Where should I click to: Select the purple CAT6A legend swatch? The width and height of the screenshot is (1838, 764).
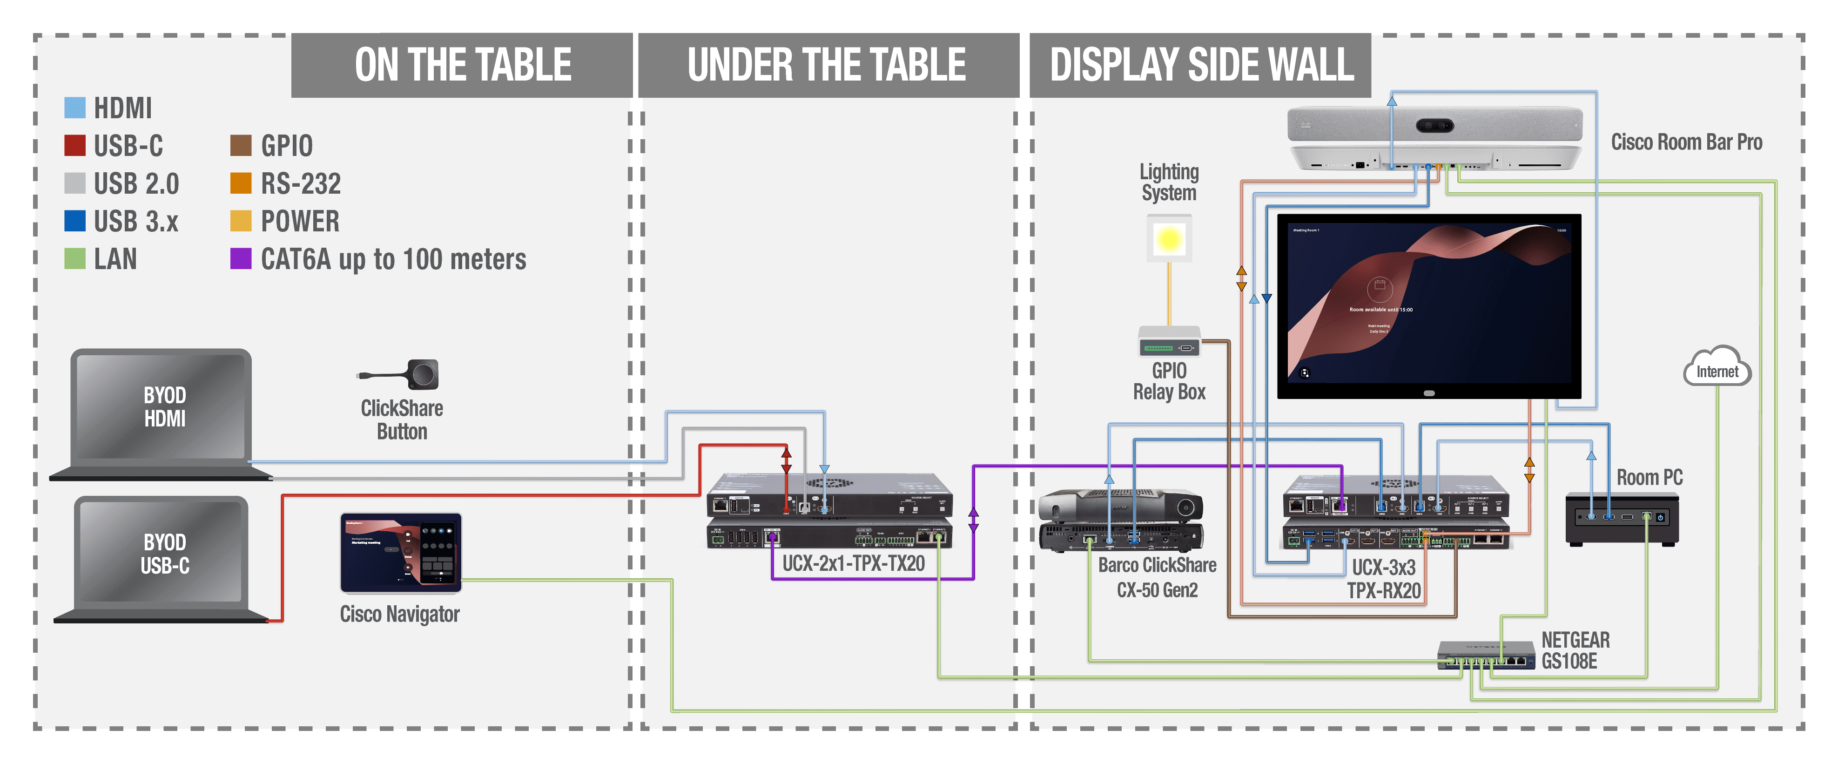(241, 258)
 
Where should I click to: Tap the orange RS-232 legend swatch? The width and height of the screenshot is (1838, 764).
(241, 183)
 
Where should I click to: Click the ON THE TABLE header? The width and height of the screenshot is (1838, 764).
(462, 65)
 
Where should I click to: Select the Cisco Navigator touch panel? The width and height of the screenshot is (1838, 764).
(400, 553)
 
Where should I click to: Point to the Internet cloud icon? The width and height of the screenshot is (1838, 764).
(1716, 368)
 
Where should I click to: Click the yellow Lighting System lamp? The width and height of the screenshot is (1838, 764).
(1169, 239)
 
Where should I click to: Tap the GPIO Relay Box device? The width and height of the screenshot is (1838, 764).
(1169, 342)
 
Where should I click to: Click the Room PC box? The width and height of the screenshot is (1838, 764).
(1621, 519)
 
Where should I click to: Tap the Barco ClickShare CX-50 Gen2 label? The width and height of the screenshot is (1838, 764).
(1157, 577)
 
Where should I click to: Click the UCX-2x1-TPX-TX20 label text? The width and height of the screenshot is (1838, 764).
(853, 563)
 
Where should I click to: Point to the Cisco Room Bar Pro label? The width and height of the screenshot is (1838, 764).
(1686, 142)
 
